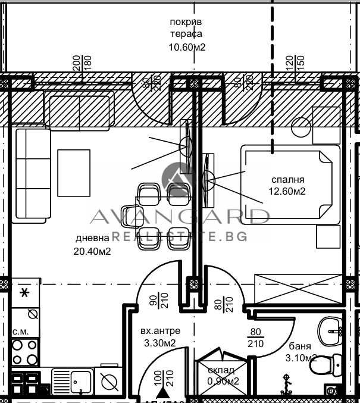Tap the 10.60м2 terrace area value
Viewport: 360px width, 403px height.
click(x=186, y=48)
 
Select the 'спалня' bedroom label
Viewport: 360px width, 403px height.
click(x=288, y=179)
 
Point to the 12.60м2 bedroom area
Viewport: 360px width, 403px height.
click(x=288, y=191)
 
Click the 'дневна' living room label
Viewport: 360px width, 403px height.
click(x=92, y=238)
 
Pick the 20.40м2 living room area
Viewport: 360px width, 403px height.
click(x=93, y=251)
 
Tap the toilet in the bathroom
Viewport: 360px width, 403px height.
click(x=337, y=361)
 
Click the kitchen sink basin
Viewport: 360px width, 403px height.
click(x=73, y=379)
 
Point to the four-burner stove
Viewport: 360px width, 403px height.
click(x=24, y=352)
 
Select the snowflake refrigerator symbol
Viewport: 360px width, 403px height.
click(x=24, y=292)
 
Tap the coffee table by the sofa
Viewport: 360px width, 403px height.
click(x=74, y=173)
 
